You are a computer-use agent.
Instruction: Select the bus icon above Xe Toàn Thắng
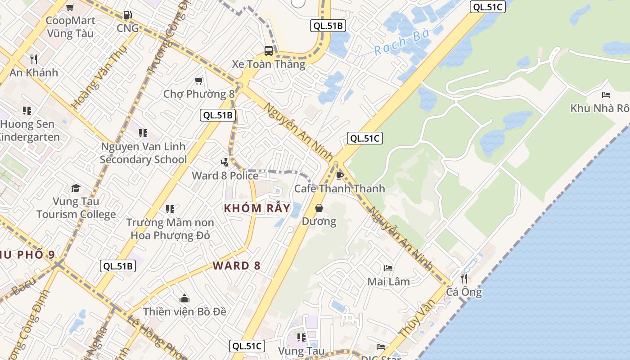269,51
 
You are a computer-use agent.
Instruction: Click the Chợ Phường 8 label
199,94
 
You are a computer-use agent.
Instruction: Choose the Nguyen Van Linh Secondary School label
143,153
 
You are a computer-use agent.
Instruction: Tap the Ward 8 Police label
225,175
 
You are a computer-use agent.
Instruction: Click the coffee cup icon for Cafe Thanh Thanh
340,175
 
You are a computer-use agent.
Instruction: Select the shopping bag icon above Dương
319,208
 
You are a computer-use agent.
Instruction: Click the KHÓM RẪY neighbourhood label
257,208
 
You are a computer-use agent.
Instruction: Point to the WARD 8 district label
237,265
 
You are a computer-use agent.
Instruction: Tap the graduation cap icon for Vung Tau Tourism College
76,188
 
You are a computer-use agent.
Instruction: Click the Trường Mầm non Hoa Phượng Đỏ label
170,229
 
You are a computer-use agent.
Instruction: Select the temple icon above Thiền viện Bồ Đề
184,298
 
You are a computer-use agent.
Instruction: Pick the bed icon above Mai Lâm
388,268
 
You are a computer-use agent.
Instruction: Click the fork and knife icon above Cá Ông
464,278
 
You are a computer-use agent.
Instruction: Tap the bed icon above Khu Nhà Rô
606,95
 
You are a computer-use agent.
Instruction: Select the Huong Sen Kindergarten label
28,130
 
